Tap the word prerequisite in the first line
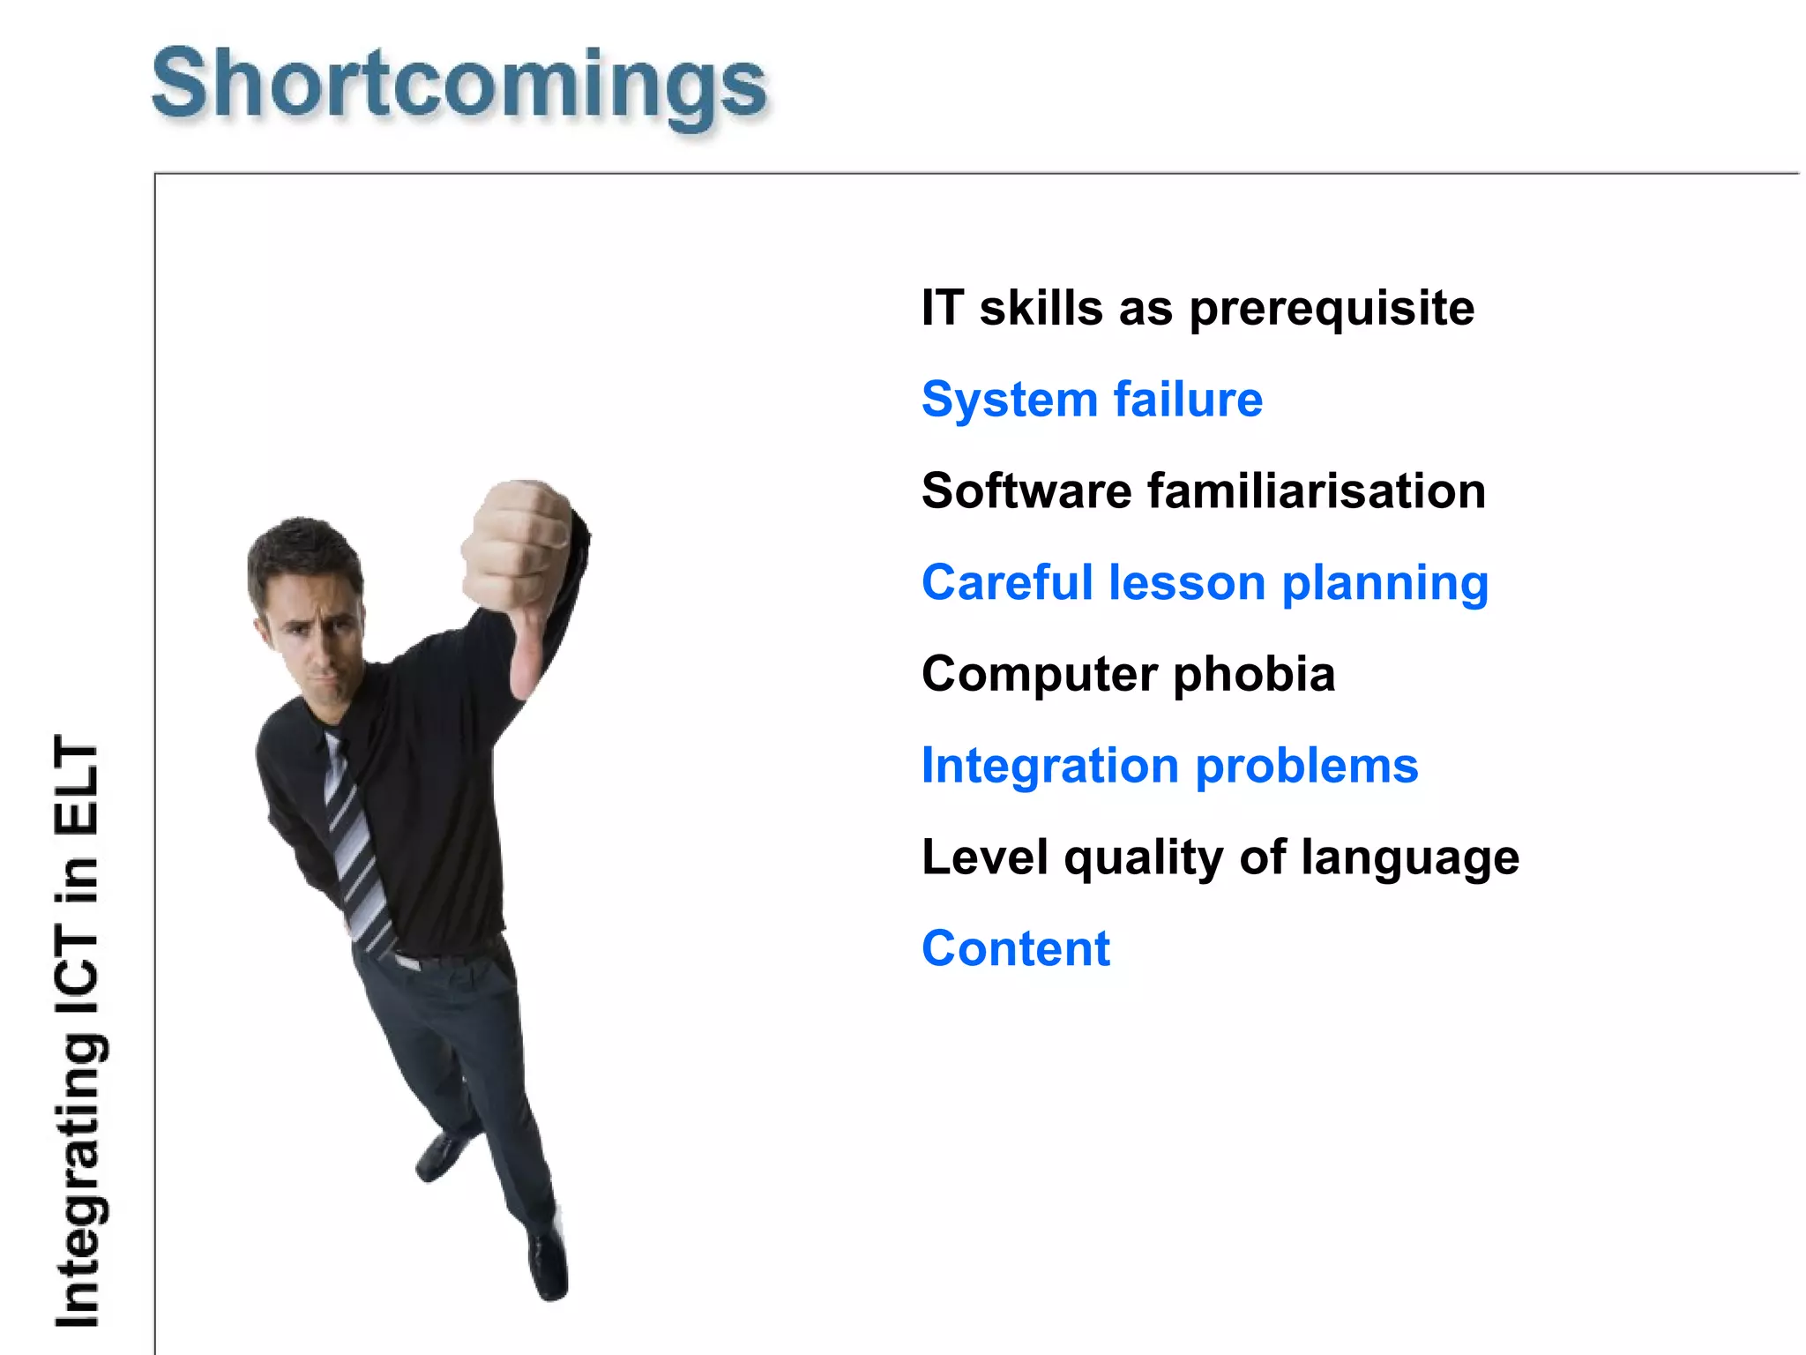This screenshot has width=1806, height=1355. [x=1331, y=309]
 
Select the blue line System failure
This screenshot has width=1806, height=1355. [x=1092, y=400]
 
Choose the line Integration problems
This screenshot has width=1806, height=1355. [x=1169, y=766]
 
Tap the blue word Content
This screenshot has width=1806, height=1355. [x=1016, y=949]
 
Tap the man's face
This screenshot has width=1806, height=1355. [x=313, y=635]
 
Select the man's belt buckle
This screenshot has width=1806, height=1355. [x=407, y=962]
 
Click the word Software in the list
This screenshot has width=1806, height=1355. [x=1026, y=491]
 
